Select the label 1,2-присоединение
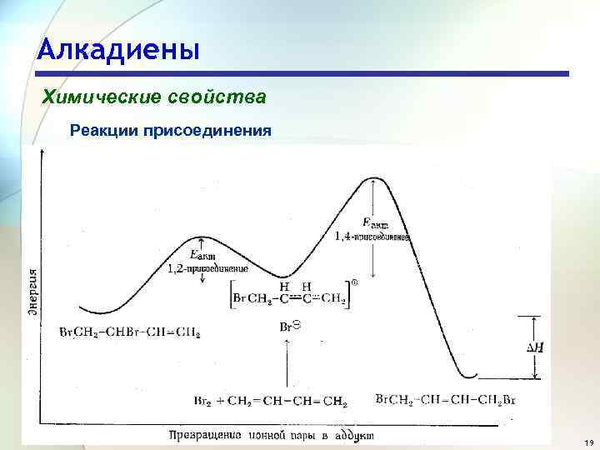coord(208,269)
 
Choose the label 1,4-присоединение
coord(372,237)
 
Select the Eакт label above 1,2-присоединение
coord(202,254)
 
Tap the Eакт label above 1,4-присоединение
coord(375,222)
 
